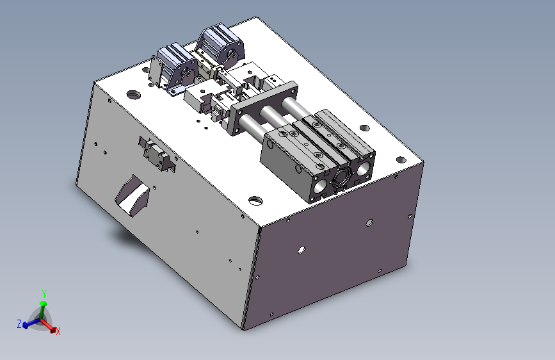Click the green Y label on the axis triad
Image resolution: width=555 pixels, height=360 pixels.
pyautogui.click(x=44, y=294)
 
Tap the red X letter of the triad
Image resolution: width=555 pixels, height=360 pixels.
pyautogui.click(x=58, y=331)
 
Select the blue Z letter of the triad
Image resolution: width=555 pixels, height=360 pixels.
pyautogui.click(x=19, y=323)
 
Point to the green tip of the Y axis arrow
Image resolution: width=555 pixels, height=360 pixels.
pyautogui.click(x=43, y=303)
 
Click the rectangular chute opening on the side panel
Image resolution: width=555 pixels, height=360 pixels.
pyautogui.click(x=133, y=195)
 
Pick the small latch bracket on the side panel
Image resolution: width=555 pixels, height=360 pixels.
pyautogui.click(x=157, y=154)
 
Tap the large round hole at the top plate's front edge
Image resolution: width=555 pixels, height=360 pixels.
pyautogui.click(x=255, y=200)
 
